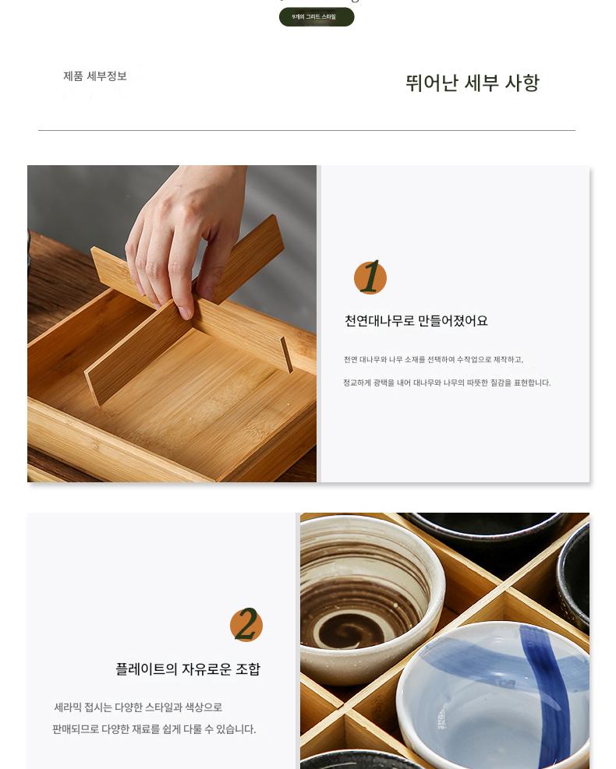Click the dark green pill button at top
tap(317, 16)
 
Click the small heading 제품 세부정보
tap(95, 76)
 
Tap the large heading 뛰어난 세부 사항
tap(473, 83)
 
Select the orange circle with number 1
tap(370, 277)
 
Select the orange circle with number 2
tap(246, 624)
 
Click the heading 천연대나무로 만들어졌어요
tap(416, 321)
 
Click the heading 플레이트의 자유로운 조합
tap(188, 669)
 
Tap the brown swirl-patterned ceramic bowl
tap(372, 599)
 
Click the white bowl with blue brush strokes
tap(494, 697)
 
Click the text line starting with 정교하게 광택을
tap(447, 383)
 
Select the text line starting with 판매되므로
tap(154, 729)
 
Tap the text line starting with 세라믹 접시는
tap(138, 707)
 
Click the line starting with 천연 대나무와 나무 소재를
tap(434, 359)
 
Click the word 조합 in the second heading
tap(248, 669)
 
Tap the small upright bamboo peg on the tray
tap(287, 354)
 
